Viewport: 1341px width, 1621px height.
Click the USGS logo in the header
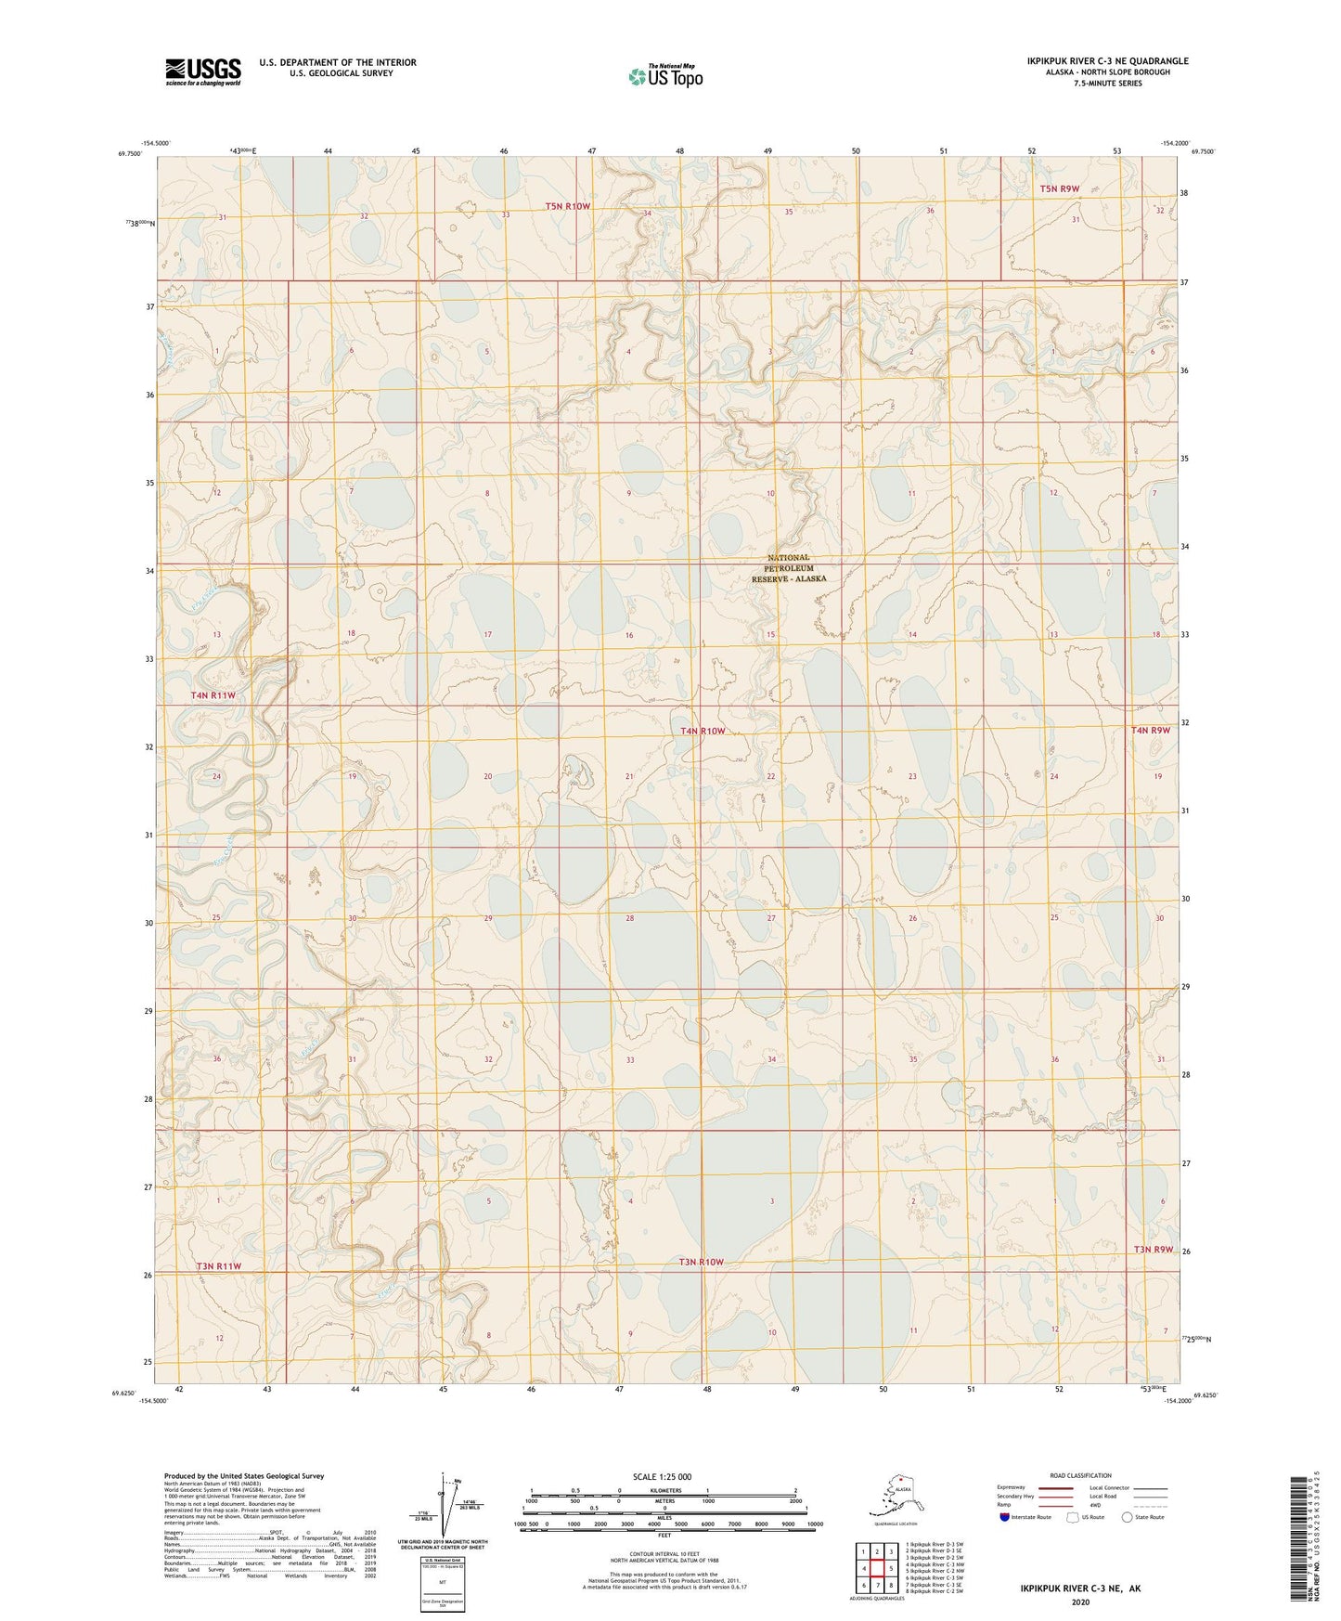[x=202, y=71]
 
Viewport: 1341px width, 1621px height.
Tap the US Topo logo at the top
[x=664, y=75]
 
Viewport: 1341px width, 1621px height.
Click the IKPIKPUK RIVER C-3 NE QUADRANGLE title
[x=1107, y=61]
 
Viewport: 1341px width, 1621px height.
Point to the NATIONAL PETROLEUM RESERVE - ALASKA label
[x=788, y=568]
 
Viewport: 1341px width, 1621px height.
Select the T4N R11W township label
[x=213, y=695]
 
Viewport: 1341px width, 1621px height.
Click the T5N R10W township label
[x=567, y=206]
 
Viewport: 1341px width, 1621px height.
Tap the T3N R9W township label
[x=1153, y=1249]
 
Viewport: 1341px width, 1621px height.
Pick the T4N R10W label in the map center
[x=703, y=732]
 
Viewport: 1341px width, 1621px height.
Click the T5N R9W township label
[x=1059, y=188]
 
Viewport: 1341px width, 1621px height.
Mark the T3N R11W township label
[x=218, y=1266]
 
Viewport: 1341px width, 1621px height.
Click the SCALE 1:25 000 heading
[x=663, y=1477]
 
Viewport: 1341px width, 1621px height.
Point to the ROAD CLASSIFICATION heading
[x=1080, y=1475]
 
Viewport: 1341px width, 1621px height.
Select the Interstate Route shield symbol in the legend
[x=1005, y=1517]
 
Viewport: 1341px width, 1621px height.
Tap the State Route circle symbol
[x=1128, y=1517]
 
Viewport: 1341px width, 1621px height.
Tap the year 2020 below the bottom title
[x=1080, y=1602]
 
